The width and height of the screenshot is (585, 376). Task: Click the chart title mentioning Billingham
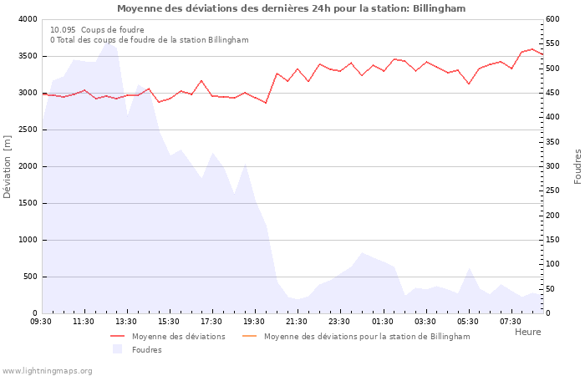tap(292, 8)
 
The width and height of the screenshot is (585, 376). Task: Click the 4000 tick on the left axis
tap(27, 19)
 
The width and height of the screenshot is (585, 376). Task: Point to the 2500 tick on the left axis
tap(27, 130)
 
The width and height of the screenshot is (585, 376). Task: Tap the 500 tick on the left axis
tap(29, 277)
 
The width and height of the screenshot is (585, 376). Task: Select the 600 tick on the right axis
tap(553, 19)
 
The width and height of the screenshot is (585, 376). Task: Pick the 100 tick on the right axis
tap(553, 264)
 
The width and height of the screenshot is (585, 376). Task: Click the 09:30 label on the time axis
tap(41, 321)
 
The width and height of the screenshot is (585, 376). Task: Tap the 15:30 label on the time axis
tap(169, 321)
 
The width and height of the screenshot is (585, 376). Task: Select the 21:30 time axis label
tap(297, 321)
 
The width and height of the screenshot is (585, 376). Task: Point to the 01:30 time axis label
tap(383, 321)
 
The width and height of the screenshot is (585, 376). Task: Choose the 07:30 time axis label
tap(511, 321)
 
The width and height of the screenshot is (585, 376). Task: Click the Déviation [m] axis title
tap(8, 166)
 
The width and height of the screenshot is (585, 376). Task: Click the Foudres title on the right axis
tap(577, 166)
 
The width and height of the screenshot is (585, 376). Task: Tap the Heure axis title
tap(527, 332)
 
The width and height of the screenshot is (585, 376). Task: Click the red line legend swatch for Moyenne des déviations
tap(117, 337)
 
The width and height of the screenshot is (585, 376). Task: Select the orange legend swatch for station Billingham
tap(249, 337)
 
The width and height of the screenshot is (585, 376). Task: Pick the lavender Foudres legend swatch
tap(117, 349)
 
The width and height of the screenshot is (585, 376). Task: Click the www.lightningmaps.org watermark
tap(47, 371)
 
